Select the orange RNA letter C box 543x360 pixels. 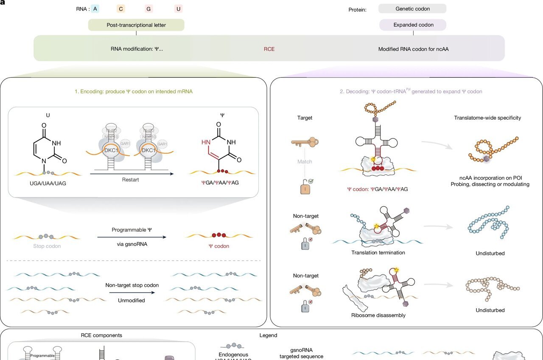(121, 8)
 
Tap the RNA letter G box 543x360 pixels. (148, 8)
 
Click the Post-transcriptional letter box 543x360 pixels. (136, 25)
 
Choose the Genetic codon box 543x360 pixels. (412, 8)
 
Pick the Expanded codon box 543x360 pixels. (412, 25)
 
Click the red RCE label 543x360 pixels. (269, 49)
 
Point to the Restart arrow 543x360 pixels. (132, 173)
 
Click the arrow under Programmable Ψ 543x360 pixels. (132, 237)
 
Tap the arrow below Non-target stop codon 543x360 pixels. (132, 293)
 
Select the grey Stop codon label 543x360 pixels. (47, 246)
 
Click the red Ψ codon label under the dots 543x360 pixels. (219, 246)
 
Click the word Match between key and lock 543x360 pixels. (305, 162)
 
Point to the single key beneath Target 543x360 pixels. (305, 142)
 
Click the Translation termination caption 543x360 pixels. (378, 253)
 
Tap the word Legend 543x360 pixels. (268, 335)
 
